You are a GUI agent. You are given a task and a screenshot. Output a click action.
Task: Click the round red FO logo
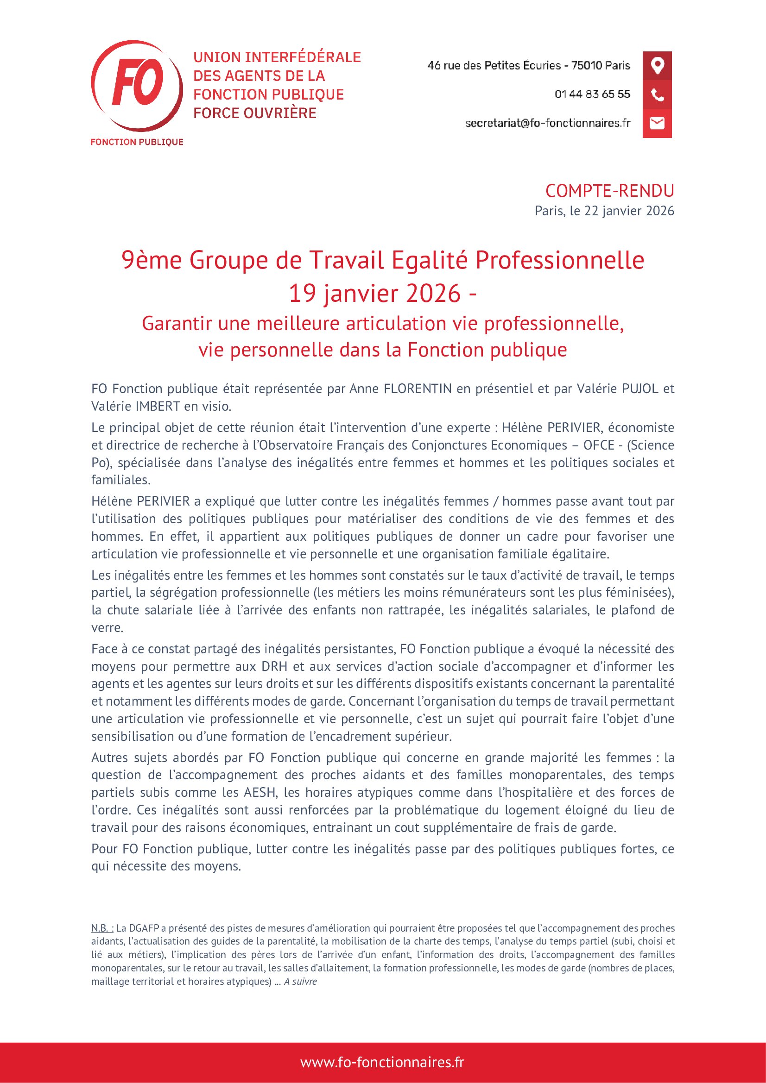click(x=136, y=86)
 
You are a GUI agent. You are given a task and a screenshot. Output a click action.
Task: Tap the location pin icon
click(x=657, y=66)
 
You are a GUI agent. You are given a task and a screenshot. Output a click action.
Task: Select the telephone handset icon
click(x=657, y=95)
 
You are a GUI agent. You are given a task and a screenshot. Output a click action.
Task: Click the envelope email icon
click(x=657, y=123)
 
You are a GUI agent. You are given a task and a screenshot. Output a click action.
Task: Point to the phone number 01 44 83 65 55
click(x=592, y=94)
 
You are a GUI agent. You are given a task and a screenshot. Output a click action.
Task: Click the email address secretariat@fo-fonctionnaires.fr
click(x=547, y=123)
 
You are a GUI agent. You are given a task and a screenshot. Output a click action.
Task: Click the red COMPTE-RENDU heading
click(x=609, y=191)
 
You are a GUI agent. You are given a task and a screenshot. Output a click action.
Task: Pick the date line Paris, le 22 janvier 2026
click(x=604, y=211)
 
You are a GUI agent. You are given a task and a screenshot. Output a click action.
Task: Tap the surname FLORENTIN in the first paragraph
click(x=418, y=388)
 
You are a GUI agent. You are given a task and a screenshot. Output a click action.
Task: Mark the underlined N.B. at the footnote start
click(x=102, y=928)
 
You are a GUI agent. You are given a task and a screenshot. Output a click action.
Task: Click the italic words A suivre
click(x=300, y=982)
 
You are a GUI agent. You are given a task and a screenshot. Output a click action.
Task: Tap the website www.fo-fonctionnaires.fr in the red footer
click(x=382, y=1062)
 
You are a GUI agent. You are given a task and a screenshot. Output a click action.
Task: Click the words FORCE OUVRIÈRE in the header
click(x=255, y=113)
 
